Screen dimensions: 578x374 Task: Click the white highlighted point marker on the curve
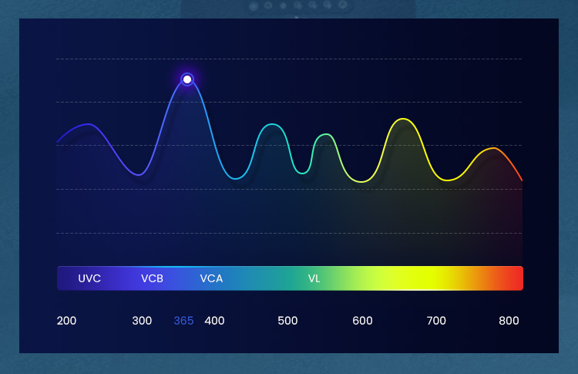point(187,79)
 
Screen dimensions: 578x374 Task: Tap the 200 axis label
point(66,321)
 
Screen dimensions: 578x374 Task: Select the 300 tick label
point(142,321)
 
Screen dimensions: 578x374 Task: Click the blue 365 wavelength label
point(183,321)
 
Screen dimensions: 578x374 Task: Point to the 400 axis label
point(214,321)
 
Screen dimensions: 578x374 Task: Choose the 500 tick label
point(287,321)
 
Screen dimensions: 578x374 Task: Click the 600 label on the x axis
point(362,321)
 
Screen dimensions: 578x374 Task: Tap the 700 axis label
point(436,321)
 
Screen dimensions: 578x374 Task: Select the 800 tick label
point(509,321)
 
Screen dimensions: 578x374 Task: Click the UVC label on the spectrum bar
point(89,278)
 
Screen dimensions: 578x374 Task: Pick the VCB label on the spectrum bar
point(152,278)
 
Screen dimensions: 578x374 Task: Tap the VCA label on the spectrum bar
point(211,278)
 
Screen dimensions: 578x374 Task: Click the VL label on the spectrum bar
point(314,278)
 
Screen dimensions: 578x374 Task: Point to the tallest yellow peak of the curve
point(403,119)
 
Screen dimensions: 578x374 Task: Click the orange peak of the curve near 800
point(493,148)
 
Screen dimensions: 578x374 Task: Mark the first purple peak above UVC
point(88,124)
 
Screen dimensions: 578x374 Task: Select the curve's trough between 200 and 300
point(139,174)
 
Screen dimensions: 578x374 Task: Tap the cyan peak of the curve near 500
point(272,124)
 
